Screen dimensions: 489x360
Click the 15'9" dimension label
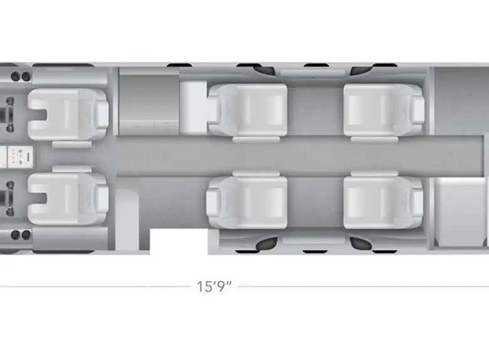(214, 287)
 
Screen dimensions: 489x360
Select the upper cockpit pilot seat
(68, 114)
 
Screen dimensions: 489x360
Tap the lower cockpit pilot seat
(68, 199)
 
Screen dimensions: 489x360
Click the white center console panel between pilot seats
(20, 157)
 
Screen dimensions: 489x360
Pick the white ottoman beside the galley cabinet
(193, 108)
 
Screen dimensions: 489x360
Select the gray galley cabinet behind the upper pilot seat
(149, 102)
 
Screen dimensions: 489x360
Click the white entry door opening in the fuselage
(179, 241)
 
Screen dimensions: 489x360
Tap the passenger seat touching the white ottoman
(247, 110)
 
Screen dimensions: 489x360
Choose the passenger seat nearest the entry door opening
(246, 202)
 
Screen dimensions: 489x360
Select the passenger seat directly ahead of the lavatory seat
(384, 202)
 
